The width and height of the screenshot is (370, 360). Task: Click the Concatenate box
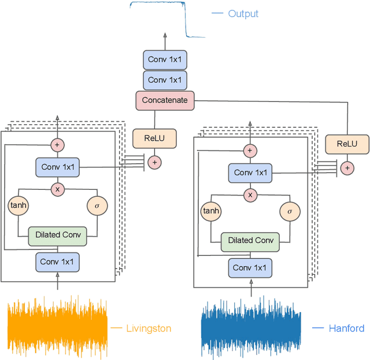[165, 100]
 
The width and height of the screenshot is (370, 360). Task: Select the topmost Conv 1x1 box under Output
[165, 60]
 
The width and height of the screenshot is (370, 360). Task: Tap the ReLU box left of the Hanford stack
[154, 139]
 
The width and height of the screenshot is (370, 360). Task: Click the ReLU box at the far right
[347, 144]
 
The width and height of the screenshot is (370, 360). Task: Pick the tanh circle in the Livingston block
[18, 205]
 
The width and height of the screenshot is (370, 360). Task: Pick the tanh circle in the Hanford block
[211, 211]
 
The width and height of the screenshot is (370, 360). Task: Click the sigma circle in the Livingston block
[97, 205]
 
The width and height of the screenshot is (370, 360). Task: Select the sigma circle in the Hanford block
[290, 211]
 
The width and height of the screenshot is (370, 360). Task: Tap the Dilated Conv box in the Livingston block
[57, 235]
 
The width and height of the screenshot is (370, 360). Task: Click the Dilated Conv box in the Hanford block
[250, 241]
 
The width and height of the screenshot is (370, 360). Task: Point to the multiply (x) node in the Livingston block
[57, 189]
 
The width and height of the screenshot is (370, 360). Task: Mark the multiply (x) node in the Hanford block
[250, 195]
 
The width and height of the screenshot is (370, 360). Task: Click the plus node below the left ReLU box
[154, 163]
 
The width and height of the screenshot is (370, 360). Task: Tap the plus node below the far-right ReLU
[347, 168]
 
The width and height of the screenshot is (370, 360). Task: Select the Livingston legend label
[149, 328]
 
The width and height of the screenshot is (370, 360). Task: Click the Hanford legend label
[346, 328]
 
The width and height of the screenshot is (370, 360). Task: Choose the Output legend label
[243, 13]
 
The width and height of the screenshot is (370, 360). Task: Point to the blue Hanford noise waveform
[250, 328]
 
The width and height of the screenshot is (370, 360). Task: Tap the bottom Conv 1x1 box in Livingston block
[57, 262]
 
